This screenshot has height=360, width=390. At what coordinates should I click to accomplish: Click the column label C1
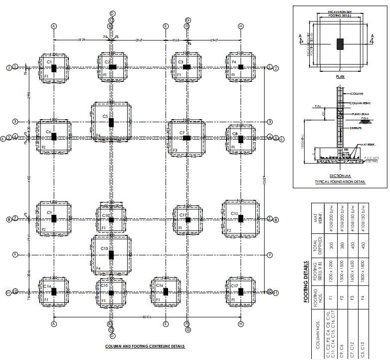tap(49, 61)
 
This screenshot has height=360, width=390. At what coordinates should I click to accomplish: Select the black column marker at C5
tap(111, 123)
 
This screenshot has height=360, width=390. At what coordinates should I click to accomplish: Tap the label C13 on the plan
tap(104, 248)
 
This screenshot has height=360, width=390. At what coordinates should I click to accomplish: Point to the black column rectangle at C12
tap(240, 218)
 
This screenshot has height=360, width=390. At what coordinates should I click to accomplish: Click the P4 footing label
tap(233, 61)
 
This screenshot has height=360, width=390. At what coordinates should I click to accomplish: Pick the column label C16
tap(160, 286)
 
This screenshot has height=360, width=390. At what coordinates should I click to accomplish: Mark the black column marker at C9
tap(54, 218)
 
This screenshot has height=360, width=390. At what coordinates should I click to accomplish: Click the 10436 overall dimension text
tap(146, 318)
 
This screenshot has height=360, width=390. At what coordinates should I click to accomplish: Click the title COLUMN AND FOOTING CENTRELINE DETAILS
tap(145, 346)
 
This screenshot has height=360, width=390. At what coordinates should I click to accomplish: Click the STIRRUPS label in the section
tap(354, 128)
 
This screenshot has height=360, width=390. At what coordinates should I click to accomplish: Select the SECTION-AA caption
tap(339, 176)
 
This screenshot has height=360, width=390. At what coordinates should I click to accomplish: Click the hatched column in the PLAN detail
tap(340, 43)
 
